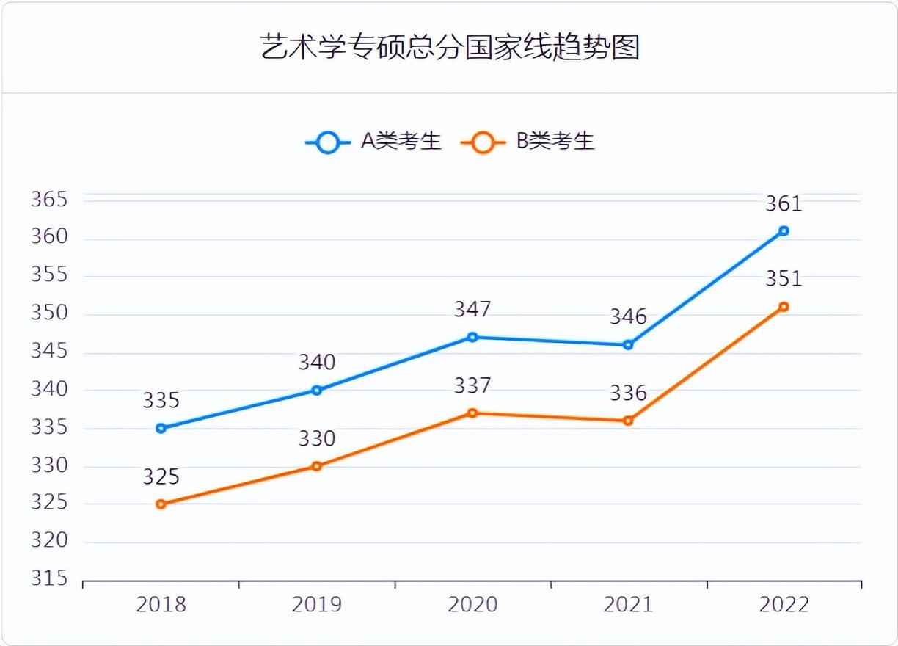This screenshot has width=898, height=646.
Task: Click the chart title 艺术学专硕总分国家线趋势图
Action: (450, 48)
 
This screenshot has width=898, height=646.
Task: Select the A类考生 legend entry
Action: (373, 142)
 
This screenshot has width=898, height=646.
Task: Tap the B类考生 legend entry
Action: (528, 142)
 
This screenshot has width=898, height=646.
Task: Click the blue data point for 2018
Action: (161, 428)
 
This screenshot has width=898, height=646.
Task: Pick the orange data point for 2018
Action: (161, 504)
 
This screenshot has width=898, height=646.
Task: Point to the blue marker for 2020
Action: (472, 337)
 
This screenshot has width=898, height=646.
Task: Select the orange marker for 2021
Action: (628, 421)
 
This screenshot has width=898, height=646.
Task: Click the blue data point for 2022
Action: (784, 231)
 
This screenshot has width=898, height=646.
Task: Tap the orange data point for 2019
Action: (317, 466)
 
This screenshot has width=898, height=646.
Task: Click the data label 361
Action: (784, 204)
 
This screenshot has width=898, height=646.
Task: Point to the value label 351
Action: (784, 279)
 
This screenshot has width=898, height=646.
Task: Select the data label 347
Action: (472, 310)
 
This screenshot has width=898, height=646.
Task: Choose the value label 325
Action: (161, 477)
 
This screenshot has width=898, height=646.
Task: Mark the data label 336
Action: (628, 393)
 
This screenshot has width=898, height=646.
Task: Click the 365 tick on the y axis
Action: (49, 200)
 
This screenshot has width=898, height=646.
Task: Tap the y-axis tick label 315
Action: (49, 579)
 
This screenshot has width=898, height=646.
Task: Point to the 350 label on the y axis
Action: (49, 313)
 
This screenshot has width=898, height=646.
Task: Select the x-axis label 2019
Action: (317, 605)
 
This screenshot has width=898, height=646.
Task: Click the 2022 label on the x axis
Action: (784, 605)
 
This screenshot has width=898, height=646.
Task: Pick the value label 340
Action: (317, 363)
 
